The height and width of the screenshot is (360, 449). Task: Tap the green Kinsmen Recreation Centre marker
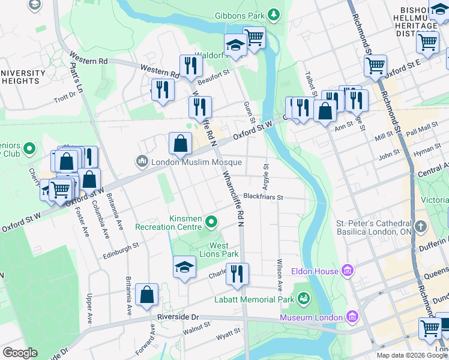tap(211, 223)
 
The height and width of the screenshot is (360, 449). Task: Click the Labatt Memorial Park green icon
tap(304, 298)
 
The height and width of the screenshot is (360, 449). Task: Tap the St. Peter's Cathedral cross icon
tap(420, 227)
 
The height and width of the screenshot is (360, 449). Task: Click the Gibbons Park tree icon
tap(274, 13)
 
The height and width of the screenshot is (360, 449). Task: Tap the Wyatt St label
tap(229, 337)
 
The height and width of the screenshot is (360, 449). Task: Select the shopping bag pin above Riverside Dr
tap(147, 295)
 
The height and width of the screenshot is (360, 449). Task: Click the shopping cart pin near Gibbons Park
tap(255, 37)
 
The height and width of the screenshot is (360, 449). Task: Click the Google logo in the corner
tap(20, 353)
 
